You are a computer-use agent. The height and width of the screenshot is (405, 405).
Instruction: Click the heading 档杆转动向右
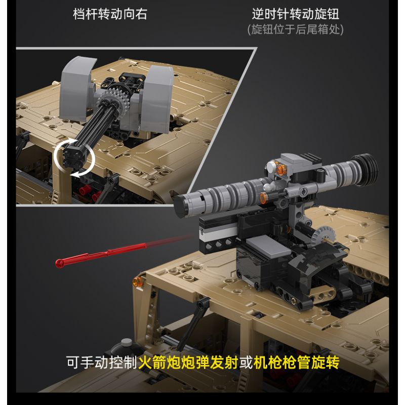tap(110, 14)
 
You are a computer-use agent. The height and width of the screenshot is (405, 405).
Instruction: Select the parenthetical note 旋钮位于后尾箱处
tap(295, 29)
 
